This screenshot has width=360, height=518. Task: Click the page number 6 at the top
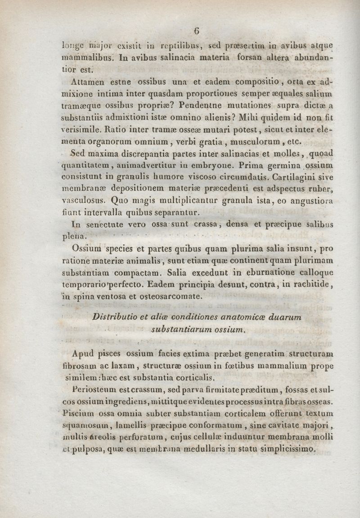tap(196, 31)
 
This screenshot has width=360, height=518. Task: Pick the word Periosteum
tap(89, 388)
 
